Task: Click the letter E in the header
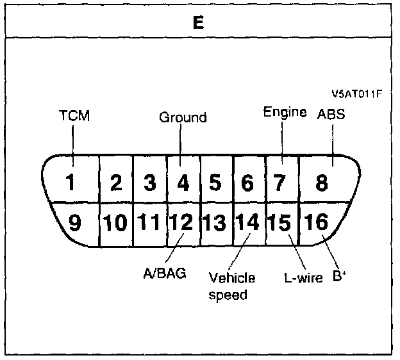click(199, 22)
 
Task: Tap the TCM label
click(74, 115)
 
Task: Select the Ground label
click(183, 117)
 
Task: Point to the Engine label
click(285, 112)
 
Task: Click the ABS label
click(331, 114)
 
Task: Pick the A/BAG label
click(165, 274)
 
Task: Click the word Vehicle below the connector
click(232, 277)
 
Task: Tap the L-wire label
click(303, 277)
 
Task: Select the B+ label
click(340, 275)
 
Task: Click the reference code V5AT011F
click(357, 94)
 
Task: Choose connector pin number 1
click(70, 182)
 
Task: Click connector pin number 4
click(183, 183)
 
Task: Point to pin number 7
click(279, 183)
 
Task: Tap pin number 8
click(322, 183)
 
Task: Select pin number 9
click(75, 222)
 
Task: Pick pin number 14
click(247, 222)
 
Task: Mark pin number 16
click(316, 221)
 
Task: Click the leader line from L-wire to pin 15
click(297, 252)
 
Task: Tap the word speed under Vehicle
click(228, 295)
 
